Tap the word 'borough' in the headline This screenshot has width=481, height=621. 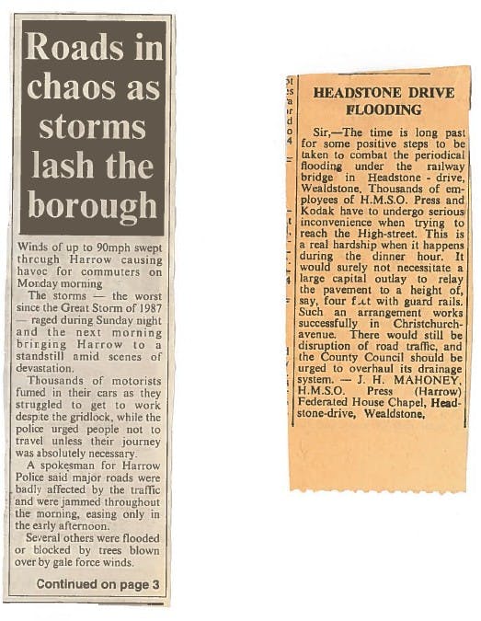click(92, 203)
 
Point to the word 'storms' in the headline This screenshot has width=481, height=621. click(91, 127)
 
